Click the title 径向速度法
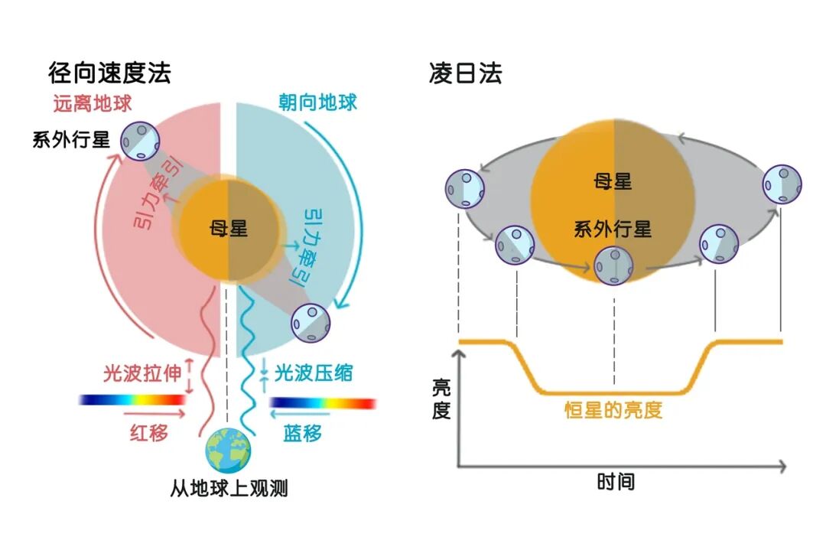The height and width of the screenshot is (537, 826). pos(109,73)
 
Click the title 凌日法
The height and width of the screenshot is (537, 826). pos(466,73)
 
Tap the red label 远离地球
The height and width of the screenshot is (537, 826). pos(93,103)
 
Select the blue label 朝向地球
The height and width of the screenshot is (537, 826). pos(315,102)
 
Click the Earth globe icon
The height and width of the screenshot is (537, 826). pos(228,451)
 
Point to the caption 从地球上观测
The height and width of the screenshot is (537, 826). pos(229,488)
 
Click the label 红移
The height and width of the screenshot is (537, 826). pos(148,432)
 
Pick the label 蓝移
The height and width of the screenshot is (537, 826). pos(303,432)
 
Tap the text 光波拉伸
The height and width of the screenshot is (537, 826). pos(143,374)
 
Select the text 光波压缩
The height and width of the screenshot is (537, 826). pos(314,373)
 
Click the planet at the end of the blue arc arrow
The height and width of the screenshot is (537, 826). pos(311,322)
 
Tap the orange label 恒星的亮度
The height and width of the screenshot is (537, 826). pos(613,410)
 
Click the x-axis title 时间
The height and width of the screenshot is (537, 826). pos(616,482)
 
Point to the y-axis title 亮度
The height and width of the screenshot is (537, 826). pos(441,398)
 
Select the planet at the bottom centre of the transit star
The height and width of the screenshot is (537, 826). pos(614,265)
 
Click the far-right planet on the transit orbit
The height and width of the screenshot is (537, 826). pos(782,184)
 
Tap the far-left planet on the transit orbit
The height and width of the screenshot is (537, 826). pos(465,189)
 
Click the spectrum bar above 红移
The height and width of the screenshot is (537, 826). pos(132,399)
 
